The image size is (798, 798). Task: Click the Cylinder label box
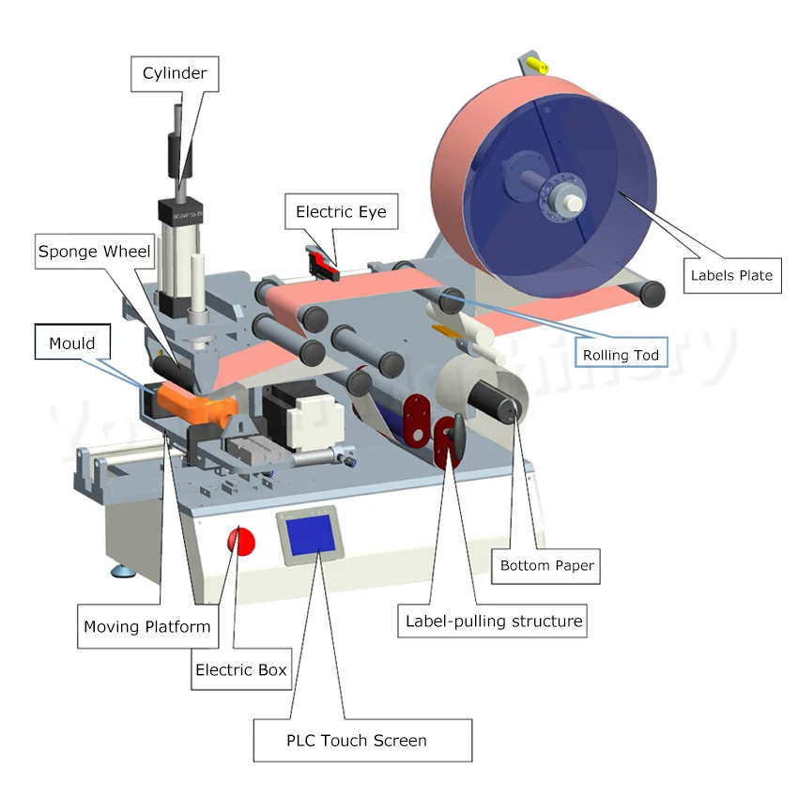pos(175,73)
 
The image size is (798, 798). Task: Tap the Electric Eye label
pos(341,212)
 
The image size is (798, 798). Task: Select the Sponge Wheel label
pos(93,252)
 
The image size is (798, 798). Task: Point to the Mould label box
pos(72,343)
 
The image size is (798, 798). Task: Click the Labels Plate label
pos(731,275)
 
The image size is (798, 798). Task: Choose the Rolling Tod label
pos(621,355)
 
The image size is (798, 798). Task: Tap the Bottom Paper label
pos(546,565)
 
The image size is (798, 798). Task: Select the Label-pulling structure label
pos(494,621)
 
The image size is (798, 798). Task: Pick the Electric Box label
pos(240,670)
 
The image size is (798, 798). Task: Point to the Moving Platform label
pos(147,626)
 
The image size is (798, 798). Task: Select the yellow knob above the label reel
pos(537,65)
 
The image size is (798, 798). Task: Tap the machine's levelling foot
pos(123,570)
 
